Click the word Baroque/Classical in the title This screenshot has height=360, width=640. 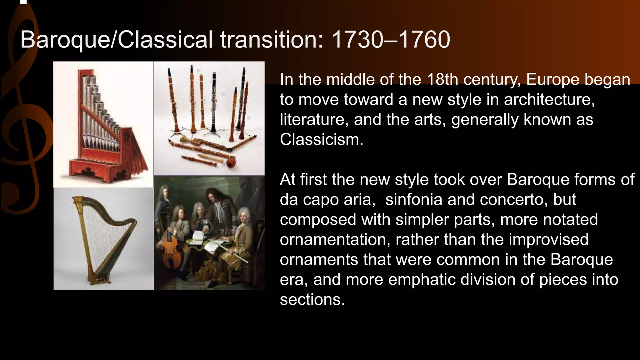tap(116, 40)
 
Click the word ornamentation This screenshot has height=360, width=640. tap(335, 239)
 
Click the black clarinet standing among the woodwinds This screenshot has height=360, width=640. tap(214, 103)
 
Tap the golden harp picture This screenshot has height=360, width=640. tap(103, 239)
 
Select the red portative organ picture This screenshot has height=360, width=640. tap(103, 125)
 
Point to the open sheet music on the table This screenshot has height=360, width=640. tap(197, 237)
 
